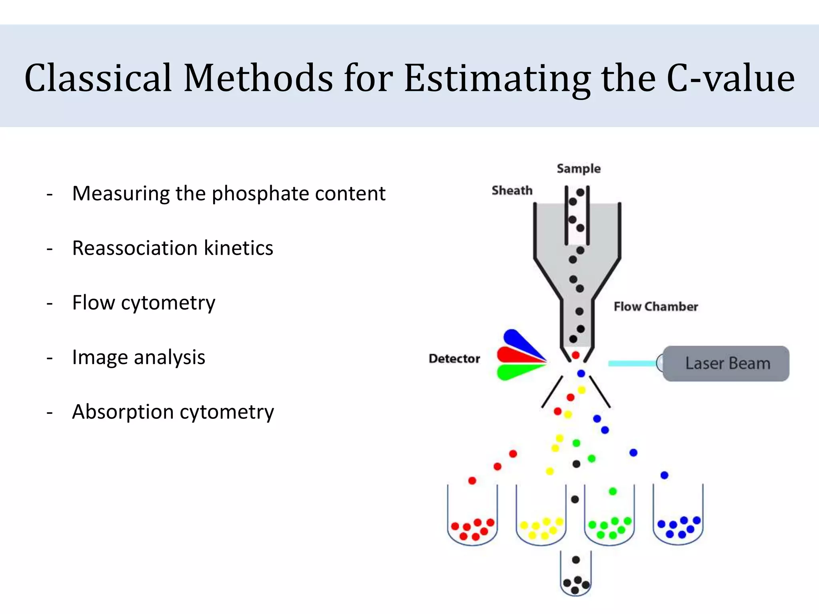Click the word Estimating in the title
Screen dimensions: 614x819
tap(497, 78)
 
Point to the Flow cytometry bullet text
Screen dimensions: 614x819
tap(144, 303)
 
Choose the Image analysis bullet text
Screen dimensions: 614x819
tap(138, 357)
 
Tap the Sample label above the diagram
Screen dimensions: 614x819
tap(578, 169)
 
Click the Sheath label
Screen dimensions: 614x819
tap(512, 190)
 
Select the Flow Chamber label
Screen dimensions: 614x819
tap(655, 307)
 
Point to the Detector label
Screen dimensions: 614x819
tap(454, 359)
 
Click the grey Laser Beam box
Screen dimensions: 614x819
tap(726, 363)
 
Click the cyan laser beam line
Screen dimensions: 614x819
tap(632, 363)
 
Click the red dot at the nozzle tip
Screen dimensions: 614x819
tap(575, 355)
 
